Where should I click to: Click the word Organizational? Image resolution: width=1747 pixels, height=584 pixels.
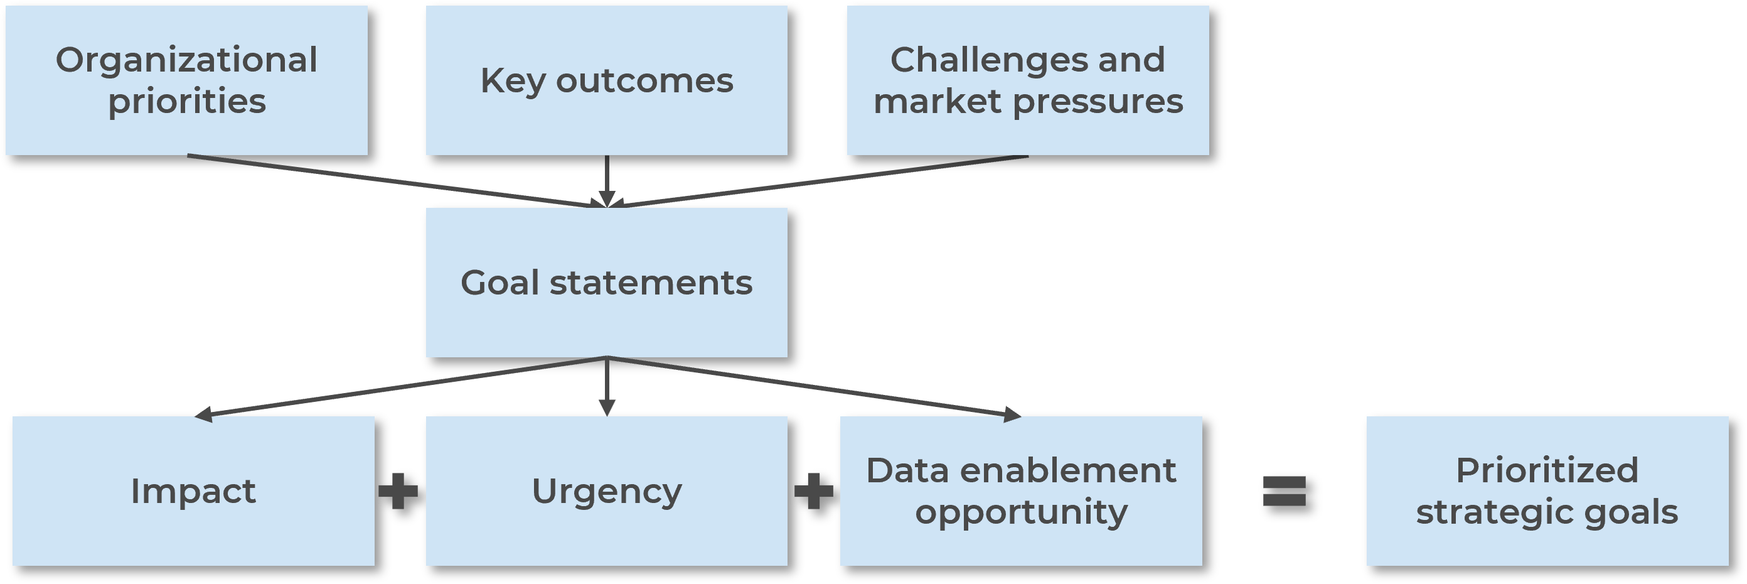tap(186, 60)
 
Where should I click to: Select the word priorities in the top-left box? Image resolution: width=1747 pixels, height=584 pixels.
tap(186, 102)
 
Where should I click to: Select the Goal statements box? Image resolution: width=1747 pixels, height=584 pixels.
tap(606, 283)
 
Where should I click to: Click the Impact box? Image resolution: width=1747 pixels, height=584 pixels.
tap(193, 491)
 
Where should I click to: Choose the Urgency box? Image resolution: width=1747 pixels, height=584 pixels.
tap(606, 491)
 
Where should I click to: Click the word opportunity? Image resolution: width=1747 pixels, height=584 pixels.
tap(1021, 512)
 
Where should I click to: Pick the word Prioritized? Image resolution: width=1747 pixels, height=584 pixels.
tap(1547, 471)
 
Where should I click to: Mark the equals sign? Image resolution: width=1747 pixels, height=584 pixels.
tap(1284, 491)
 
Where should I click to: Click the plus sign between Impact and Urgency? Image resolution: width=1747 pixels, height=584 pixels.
tap(398, 491)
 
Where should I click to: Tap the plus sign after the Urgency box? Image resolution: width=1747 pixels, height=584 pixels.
tap(813, 491)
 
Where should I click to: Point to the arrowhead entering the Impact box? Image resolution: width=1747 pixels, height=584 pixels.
tap(203, 414)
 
